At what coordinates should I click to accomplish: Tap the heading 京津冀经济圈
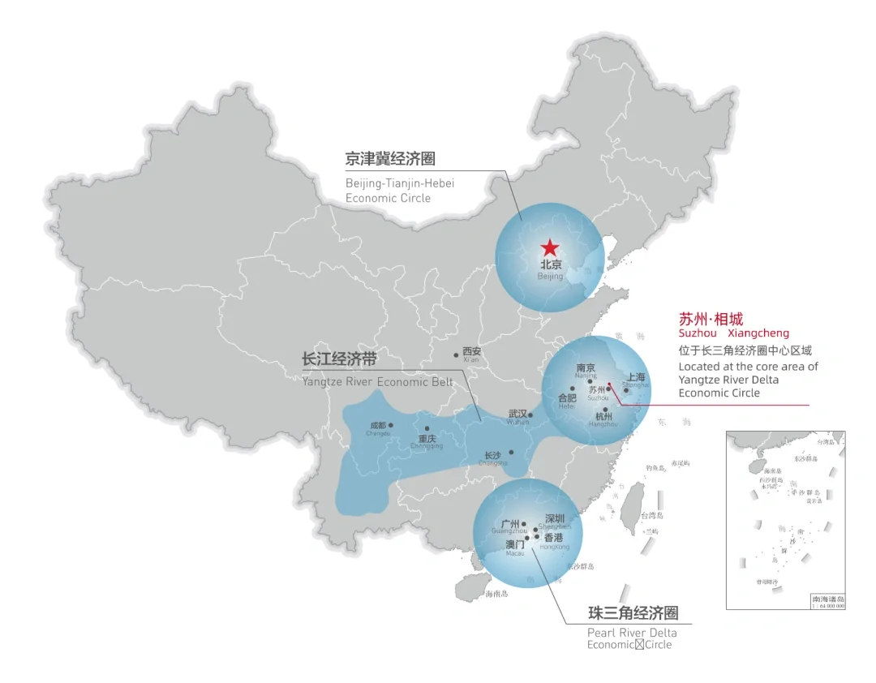pyautogui.click(x=390, y=159)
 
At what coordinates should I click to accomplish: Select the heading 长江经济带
pyautogui.click(x=339, y=359)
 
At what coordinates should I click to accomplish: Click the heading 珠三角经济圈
pyautogui.click(x=633, y=612)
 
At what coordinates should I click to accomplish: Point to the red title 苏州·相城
pyautogui.click(x=711, y=319)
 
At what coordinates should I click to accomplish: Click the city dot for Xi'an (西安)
pyautogui.click(x=456, y=355)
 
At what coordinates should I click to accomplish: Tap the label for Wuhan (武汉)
pyautogui.click(x=517, y=414)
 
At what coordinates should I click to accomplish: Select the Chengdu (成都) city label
pyautogui.click(x=378, y=425)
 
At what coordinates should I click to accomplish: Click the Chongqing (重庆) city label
pyautogui.click(x=427, y=439)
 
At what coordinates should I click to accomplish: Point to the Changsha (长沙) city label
pyautogui.click(x=492, y=455)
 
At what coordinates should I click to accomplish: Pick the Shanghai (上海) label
pyautogui.click(x=637, y=377)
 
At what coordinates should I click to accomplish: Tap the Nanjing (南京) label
pyautogui.click(x=586, y=368)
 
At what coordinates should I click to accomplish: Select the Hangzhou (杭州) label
pyautogui.click(x=604, y=416)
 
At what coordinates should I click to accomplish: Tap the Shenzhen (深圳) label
pyautogui.click(x=554, y=518)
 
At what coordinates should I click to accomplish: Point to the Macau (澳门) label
pyautogui.click(x=515, y=544)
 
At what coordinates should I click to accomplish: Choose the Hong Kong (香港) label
pyautogui.click(x=554, y=537)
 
